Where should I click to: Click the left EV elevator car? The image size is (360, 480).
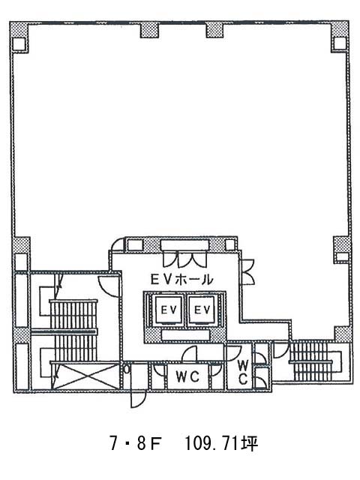pyautogui.click(x=169, y=310)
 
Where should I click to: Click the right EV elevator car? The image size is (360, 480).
pyautogui.click(x=202, y=310)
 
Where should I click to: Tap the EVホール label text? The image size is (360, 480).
pyautogui.click(x=181, y=279)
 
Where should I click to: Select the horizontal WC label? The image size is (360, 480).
pyautogui.click(x=187, y=376)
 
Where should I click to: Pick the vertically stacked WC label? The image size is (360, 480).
pyautogui.click(x=243, y=372)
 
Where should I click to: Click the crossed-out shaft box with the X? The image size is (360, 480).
pyautogui.click(x=86, y=376)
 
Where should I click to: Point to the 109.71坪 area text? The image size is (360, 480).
pyautogui.click(x=221, y=443)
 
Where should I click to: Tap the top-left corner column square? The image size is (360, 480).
pyautogui.click(x=19, y=43)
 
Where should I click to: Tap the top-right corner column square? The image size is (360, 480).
pyautogui.click(x=340, y=43)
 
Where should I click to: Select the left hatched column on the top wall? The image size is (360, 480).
pyautogui.click(x=149, y=30)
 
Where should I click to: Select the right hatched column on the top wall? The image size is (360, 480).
pyautogui.click(x=215, y=30)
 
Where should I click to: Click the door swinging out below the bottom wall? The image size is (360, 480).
pyautogui.click(x=137, y=400)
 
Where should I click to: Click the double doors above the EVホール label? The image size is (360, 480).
pyautogui.click(x=185, y=259)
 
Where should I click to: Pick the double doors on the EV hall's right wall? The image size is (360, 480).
pyautogui.click(x=248, y=272)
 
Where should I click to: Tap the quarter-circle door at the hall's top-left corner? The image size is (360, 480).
pyautogui.click(x=117, y=245)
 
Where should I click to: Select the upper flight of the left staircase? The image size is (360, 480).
pyautogui.click(x=73, y=316)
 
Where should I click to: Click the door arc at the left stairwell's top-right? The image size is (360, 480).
pyautogui.click(x=108, y=286)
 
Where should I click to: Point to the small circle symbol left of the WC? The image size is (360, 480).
pyautogui.click(x=127, y=370)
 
